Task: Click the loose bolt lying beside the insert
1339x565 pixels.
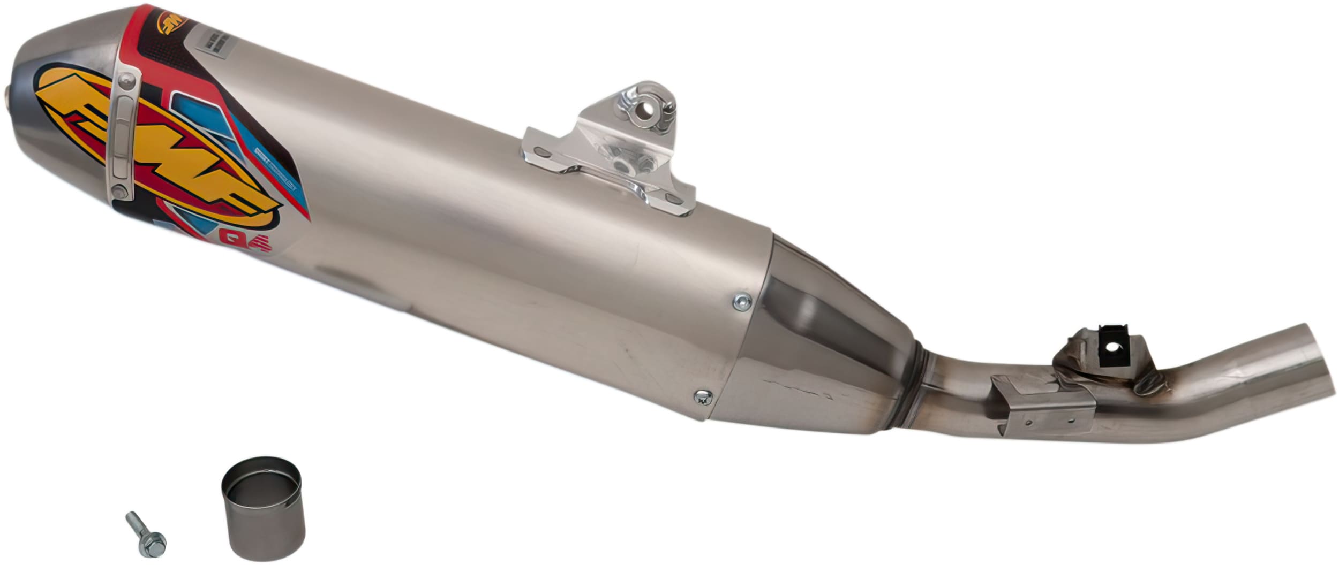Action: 145,541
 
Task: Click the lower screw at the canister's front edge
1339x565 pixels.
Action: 702,396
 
